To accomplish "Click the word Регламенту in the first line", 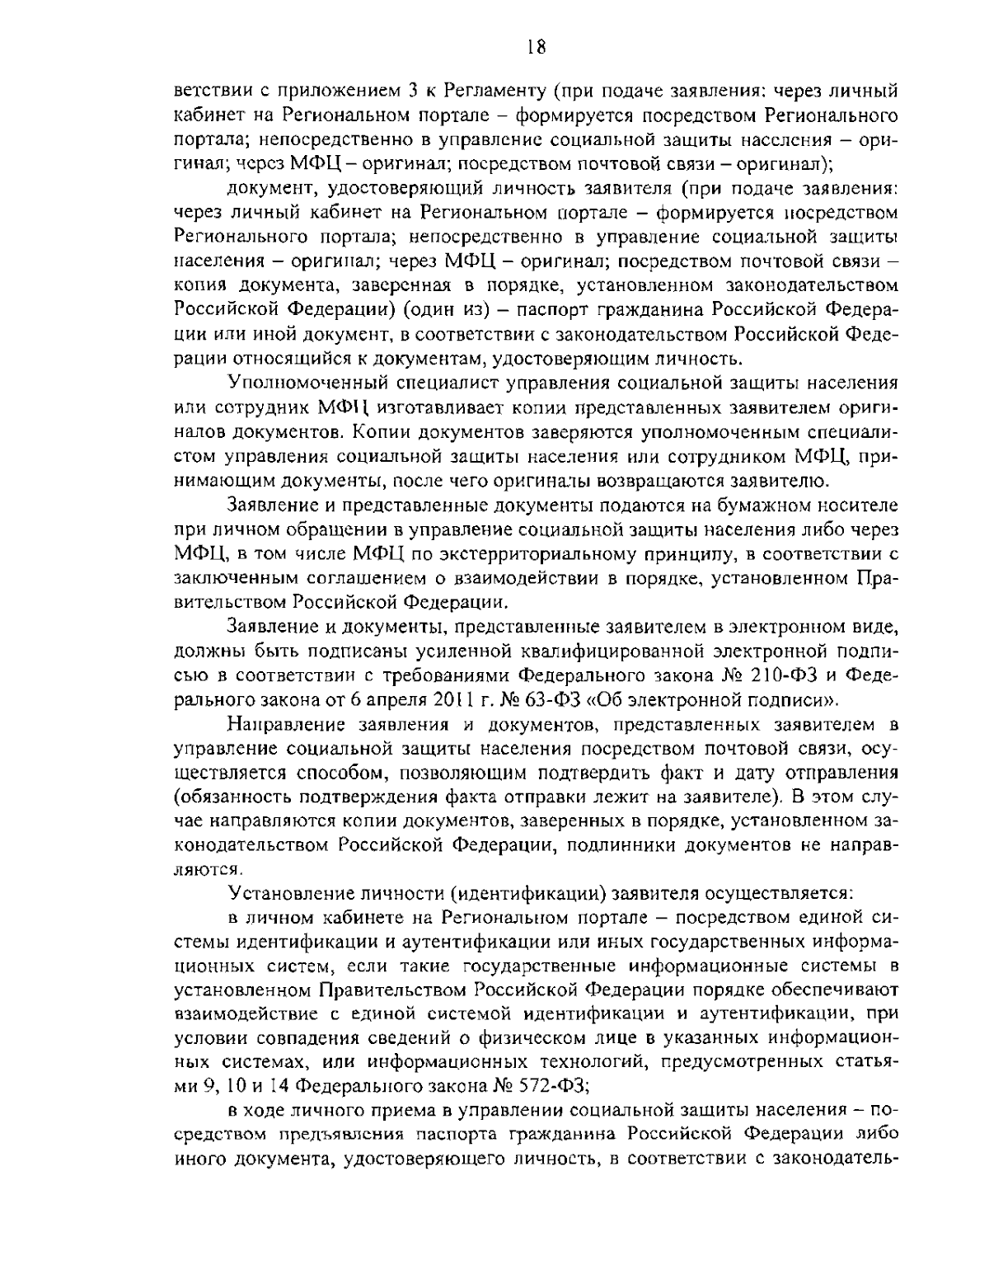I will pos(493,89).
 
